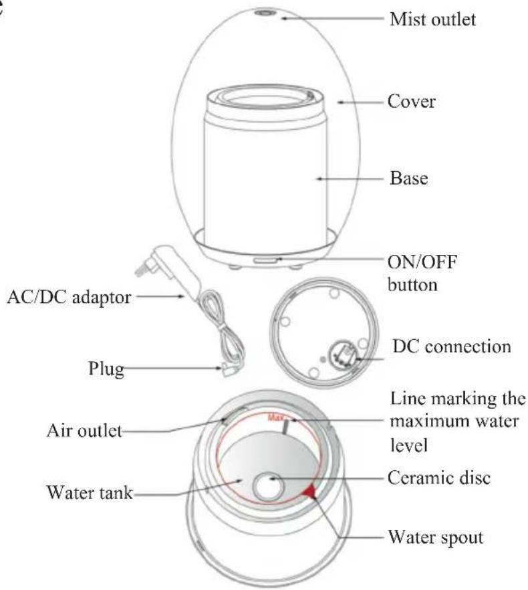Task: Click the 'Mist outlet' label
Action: pos(433,19)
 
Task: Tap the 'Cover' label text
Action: pos(412,102)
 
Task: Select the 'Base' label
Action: pos(408,179)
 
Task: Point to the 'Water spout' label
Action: pos(435,537)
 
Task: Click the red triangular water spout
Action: pos(309,494)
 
